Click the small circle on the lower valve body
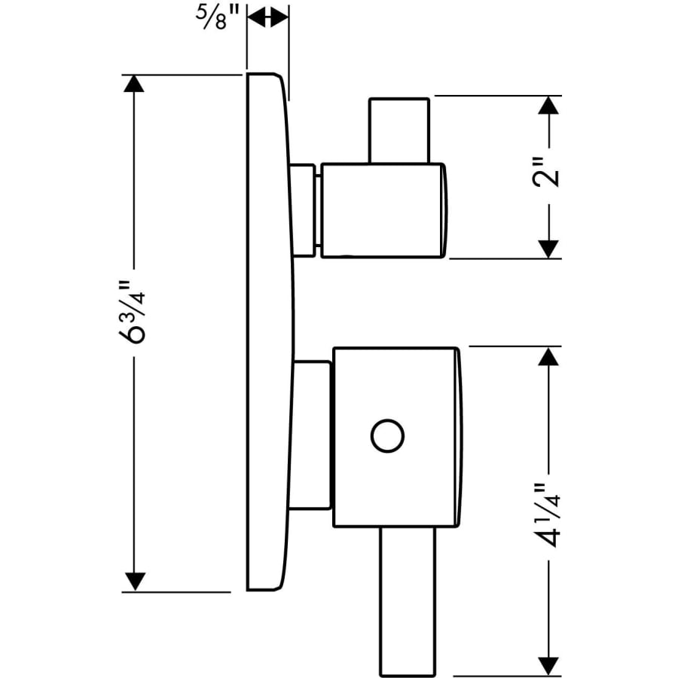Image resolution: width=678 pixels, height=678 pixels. click(388, 436)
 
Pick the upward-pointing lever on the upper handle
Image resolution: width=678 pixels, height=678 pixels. click(399, 130)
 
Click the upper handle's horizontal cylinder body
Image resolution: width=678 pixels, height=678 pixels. click(381, 209)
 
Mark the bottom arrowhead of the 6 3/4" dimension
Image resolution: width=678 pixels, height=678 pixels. click(134, 582)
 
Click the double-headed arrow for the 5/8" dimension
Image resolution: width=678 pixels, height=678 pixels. click(267, 17)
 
